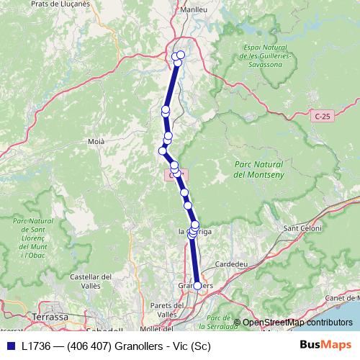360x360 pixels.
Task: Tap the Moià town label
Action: point(96,142)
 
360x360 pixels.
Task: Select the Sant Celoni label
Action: point(302,229)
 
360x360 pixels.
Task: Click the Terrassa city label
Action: point(50,316)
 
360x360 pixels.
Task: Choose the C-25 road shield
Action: point(323,115)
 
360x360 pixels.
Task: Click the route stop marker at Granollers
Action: point(198,287)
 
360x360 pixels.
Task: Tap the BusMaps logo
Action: point(325,345)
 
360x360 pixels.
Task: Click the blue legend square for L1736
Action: point(11,346)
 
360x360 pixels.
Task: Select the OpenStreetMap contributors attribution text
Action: point(297,322)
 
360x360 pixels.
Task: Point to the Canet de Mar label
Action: point(343,297)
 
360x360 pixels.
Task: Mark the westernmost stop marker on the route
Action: point(162,150)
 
